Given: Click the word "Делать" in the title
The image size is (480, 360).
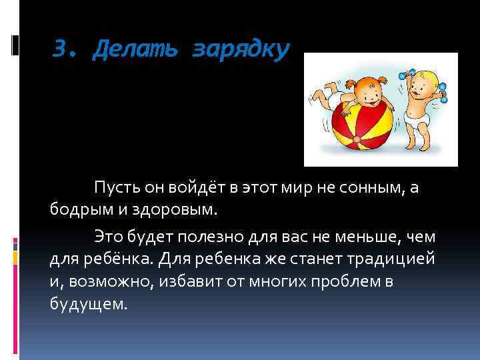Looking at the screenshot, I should point(137,49).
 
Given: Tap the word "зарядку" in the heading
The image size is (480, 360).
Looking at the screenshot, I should point(241,49).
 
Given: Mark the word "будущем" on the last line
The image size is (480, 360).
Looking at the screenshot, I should point(87,305).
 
